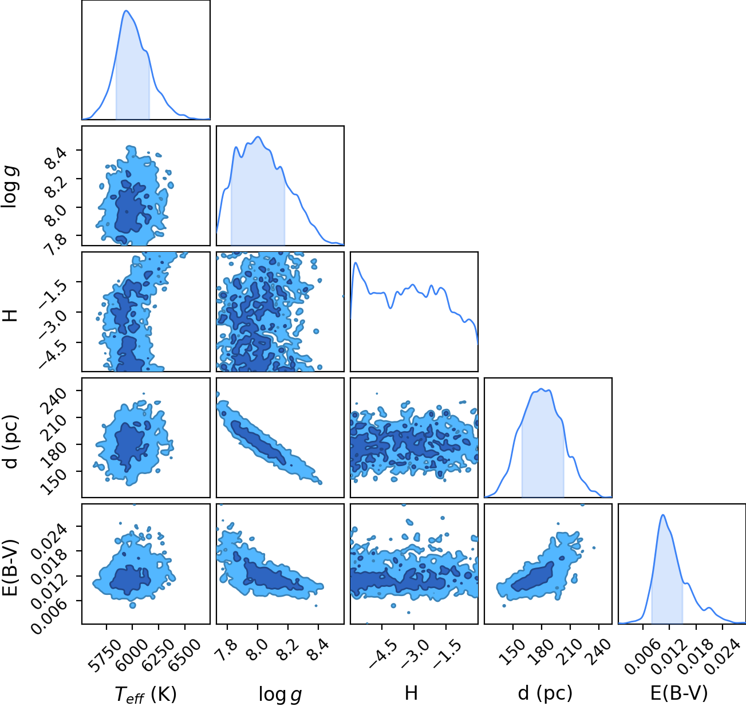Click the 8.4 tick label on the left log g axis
(x=57, y=158)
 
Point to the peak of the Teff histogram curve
(x=127, y=10)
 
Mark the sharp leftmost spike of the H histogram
(x=356, y=263)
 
